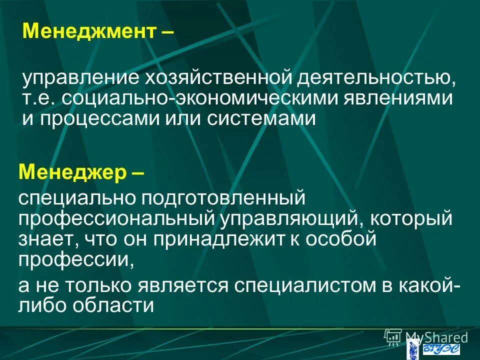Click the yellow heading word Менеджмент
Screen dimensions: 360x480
[x=90, y=33]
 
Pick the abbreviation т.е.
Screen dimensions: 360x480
[x=37, y=98]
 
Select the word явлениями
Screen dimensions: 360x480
[x=406, y=98]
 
